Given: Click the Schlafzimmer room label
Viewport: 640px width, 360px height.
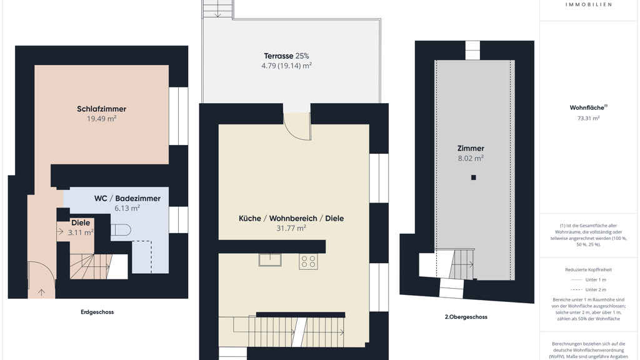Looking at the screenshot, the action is click(102, 109).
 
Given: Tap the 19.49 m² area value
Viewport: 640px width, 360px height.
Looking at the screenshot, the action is click(102, 119).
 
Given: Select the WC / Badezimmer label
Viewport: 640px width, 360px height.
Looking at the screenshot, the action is click(127, 198).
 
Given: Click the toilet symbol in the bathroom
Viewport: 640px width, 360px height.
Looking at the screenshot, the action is click(121, 231).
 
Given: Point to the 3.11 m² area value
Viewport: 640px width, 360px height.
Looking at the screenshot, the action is click(81, 232).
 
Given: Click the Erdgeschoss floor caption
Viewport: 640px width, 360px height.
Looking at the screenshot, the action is click(97, 312).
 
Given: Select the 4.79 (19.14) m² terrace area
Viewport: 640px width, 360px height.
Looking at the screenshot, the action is click(286, 66).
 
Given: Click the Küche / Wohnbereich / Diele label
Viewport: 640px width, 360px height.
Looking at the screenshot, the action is click(291, 218).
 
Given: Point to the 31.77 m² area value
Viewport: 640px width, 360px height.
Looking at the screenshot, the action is click(291, 228).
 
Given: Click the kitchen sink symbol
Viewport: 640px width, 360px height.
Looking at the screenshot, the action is click(270, 260).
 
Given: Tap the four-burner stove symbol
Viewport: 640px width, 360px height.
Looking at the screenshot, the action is click(308, 262).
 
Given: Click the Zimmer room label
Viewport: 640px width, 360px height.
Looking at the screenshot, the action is click(471, 149).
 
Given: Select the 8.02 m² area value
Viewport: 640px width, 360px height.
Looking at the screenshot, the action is click(471, 158).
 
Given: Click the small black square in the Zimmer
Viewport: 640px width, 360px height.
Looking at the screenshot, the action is click(474, 177).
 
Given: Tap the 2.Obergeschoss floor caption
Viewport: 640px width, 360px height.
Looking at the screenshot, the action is click(466, 317).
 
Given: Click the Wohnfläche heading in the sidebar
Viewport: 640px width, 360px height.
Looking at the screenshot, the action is click(587, 107).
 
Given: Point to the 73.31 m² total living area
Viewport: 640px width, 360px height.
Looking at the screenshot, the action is click(589, 118).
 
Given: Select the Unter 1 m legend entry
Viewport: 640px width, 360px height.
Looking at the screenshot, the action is click(589, 279).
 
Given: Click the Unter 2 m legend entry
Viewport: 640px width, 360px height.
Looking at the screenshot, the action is click(589, 289).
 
